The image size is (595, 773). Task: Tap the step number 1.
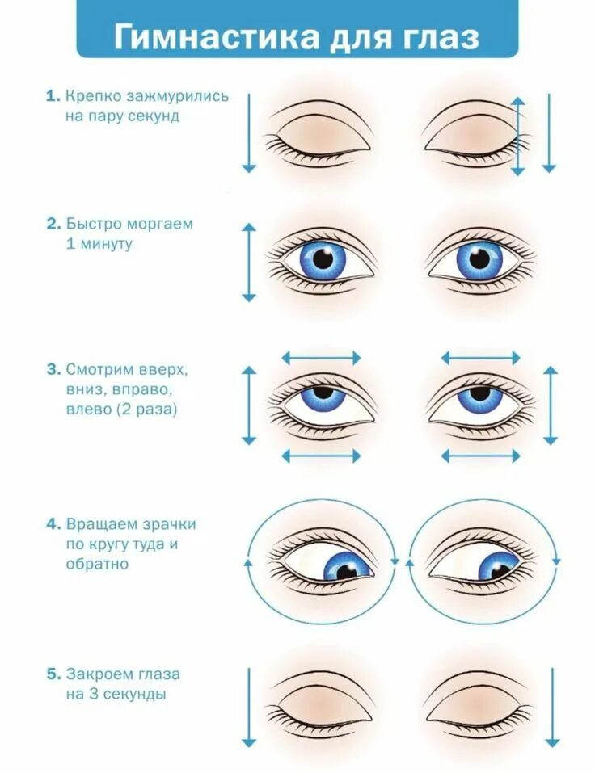pyautogui.click(x=51, y=96)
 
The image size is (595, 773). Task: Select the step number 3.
pyautogui.click(x=51, y=370)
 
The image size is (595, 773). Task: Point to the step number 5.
pyautogui.click(x=51, y=673)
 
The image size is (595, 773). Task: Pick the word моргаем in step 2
pyautogui.click(x=157, y=224)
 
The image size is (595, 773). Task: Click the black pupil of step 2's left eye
pyautogui.click(x=323, y=259)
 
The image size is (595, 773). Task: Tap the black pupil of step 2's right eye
pyautogui.click(x=479, y=259)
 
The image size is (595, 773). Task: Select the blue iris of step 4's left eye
pyautogui.click(x=347, y=565)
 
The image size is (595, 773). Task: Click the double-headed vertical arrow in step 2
pyautogui.click(x=249, y=263)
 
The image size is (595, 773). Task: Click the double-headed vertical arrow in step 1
pyautogui.click(x=518, y=133)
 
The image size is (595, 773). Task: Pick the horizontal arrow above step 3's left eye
pyautogui.click(x=322, y=356)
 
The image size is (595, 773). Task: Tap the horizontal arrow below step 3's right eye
pyautogui.click(x=481, y=456)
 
